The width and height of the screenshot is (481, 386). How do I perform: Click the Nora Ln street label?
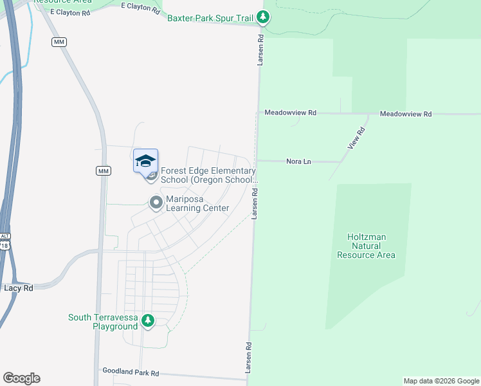point(298,161)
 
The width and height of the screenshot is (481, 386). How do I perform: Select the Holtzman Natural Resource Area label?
point(366,246)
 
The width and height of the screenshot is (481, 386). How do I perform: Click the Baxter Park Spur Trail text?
point(210,18)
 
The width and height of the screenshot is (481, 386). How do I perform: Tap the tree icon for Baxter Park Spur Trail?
point(262,17)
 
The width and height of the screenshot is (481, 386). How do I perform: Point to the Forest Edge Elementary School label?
point(208,176)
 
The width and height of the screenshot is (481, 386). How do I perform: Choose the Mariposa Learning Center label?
point(197,203)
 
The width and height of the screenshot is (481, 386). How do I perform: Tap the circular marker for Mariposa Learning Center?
point(156,203)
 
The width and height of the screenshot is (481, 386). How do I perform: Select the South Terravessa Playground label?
point(103,322)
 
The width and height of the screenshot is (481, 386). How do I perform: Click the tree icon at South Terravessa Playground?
point(148,320)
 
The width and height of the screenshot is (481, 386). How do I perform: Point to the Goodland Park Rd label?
point(131,372)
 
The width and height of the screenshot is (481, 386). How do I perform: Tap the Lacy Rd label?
point(19,288)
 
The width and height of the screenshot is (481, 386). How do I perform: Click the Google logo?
point(21,378)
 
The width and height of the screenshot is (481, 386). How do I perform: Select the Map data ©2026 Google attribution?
point(441,381)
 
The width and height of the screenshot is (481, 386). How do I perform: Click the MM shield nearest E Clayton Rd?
point(59,42)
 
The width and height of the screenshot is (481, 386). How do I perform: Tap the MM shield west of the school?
point(103,170)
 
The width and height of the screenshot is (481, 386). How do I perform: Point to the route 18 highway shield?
point(5,245)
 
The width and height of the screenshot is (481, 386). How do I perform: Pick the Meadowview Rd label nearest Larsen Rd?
point(291,113)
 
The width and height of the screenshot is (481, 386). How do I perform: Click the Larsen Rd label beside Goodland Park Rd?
point(248,354)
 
